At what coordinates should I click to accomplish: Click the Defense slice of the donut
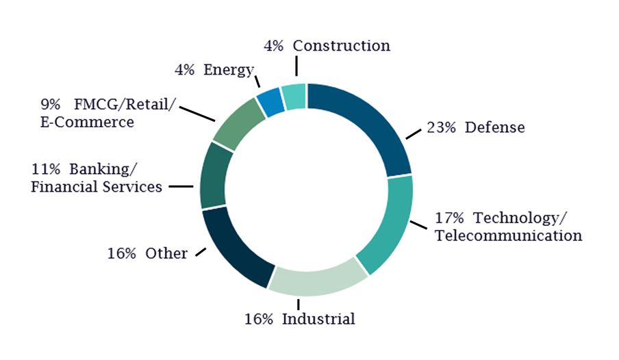click(x=370, y=123)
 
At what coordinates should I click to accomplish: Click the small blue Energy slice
click(x=270, y=102)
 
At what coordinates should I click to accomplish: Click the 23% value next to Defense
click(x=442, y=127)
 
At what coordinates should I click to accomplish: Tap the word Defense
click(x=495, y=127)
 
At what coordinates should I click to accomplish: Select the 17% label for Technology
click(x=450, y=218)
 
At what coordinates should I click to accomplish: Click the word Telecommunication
click(x=509, y=235)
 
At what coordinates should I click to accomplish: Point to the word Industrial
click(x=319, y=319)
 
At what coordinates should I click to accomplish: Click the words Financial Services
click(x=97, y=186)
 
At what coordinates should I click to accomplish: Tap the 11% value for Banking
click(x=47, y=169)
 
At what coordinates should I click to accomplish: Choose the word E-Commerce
click(x=86, y=123)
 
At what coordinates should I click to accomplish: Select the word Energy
click(x=229, y=70)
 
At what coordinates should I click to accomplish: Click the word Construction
click(x=342, y=46)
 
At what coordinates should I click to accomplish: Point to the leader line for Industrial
click(x=299, y=303)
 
